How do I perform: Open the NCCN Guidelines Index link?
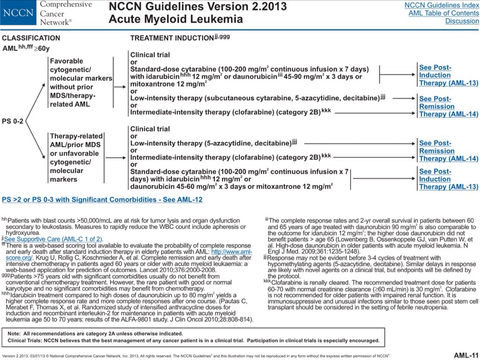click(x=441, y=5)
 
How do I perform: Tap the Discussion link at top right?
click(x=462, y=21)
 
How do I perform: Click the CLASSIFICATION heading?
click(x=31, y=38)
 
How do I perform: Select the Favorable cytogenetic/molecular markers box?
click(x=81, y=82)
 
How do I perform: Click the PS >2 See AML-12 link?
click(x=102, y=200)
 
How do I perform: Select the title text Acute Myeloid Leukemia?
click(x=176, y=20)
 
